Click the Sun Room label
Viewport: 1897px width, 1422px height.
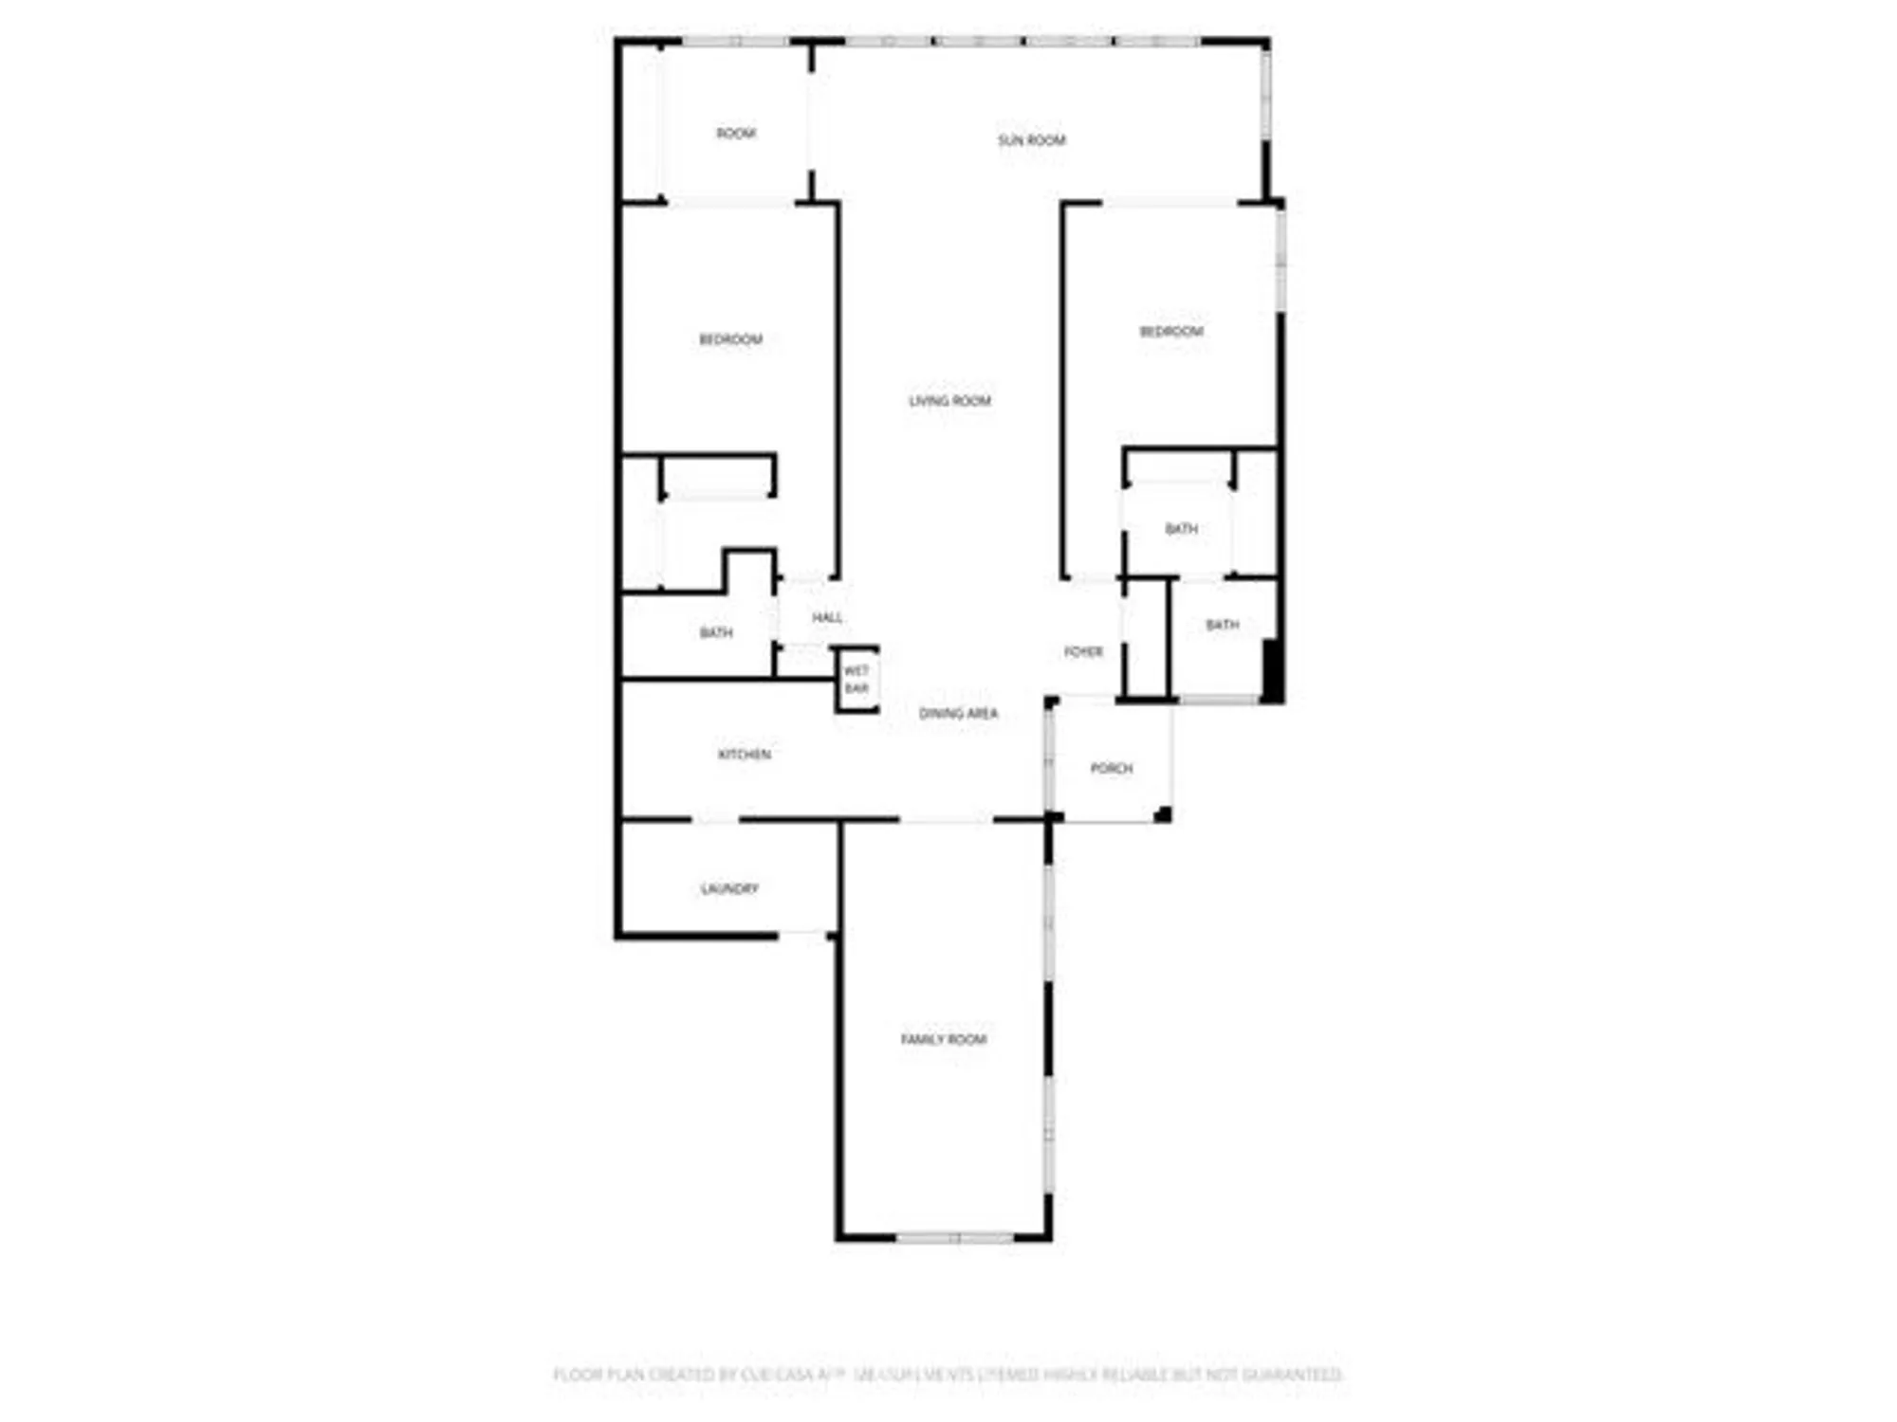[1031, 140]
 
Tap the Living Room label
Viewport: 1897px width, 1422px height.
[949, 401]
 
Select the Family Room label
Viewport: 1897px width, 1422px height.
[944, 1039]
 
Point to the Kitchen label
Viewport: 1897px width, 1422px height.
[745, 755]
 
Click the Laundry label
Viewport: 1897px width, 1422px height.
[729, 888]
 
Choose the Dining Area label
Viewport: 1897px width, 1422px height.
[958, 713]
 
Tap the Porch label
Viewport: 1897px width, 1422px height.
[1112, 768]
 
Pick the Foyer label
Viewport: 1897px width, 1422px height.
[1083, 651]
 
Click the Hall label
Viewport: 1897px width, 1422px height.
[827, 617]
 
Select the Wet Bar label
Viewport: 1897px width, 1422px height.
[856, 679]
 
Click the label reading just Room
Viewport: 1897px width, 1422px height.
[736, 134]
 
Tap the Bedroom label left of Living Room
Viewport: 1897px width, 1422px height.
[730, 339]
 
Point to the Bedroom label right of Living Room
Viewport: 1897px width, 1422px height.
[1171, 331]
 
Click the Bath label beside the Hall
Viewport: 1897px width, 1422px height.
[716, 632]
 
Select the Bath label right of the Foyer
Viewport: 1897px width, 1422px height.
[1222, 625]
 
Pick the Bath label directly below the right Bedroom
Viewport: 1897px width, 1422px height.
[1181, 528]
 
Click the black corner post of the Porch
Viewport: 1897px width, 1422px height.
[1163, 814]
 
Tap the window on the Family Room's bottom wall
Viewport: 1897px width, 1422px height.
[955, 1237]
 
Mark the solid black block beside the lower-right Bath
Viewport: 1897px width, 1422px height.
[1272, 670]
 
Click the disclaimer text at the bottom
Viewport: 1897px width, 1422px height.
[948, 1374]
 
